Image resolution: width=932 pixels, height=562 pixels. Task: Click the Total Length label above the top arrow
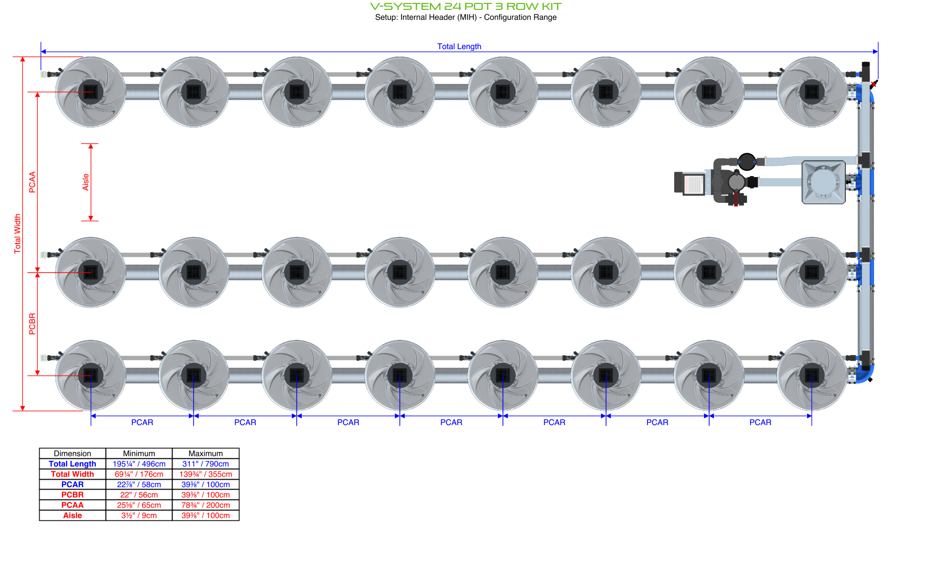pyautogui.click(x=459, y=46)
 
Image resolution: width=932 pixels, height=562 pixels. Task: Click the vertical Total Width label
pyautogui.click(x=18, y=234)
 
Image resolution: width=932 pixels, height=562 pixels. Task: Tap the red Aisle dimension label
pyautogui.click(x=86, y=182)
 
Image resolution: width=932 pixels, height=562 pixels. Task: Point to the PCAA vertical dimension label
pyautogui.click(x=33, y=182)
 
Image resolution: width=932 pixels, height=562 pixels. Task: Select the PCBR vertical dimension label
pyautogui.click(x=33, y=323)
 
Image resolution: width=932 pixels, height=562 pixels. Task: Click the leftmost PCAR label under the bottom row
pyautogui.click(x=142, y=422)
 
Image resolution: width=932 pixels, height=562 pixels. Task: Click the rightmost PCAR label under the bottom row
pyautogui.click(x=760, y=422)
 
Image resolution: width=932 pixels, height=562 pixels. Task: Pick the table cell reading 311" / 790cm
pyautogui.click(x=205, y=464)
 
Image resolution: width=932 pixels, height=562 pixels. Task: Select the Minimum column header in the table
pyautogui.click(x=139, y=453)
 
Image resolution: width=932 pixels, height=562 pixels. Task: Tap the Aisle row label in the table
pyautogui.click(x=72, y=515)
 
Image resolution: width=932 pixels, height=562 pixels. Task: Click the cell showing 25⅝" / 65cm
pyautogui.click(x=139, y=505)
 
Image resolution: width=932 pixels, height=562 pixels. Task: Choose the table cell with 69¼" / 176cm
pyautogui.click(x=139, y=474)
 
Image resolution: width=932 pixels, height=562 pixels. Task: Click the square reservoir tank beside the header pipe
pyautogui.click(x=823, y=182)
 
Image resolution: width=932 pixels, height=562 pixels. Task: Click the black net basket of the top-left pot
pyautogui.click(x=91, y=92)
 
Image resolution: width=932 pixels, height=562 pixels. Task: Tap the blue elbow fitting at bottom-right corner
pyautogui.click(x=866, y=374)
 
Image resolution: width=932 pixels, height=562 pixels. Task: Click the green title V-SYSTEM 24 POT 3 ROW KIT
pyautogui.click(x=466, y=6)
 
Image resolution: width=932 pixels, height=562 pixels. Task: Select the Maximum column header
pyautogui.click(x=205, y=453)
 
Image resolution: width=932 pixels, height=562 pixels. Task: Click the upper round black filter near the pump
pyautogui.click(x=747, y=161)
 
